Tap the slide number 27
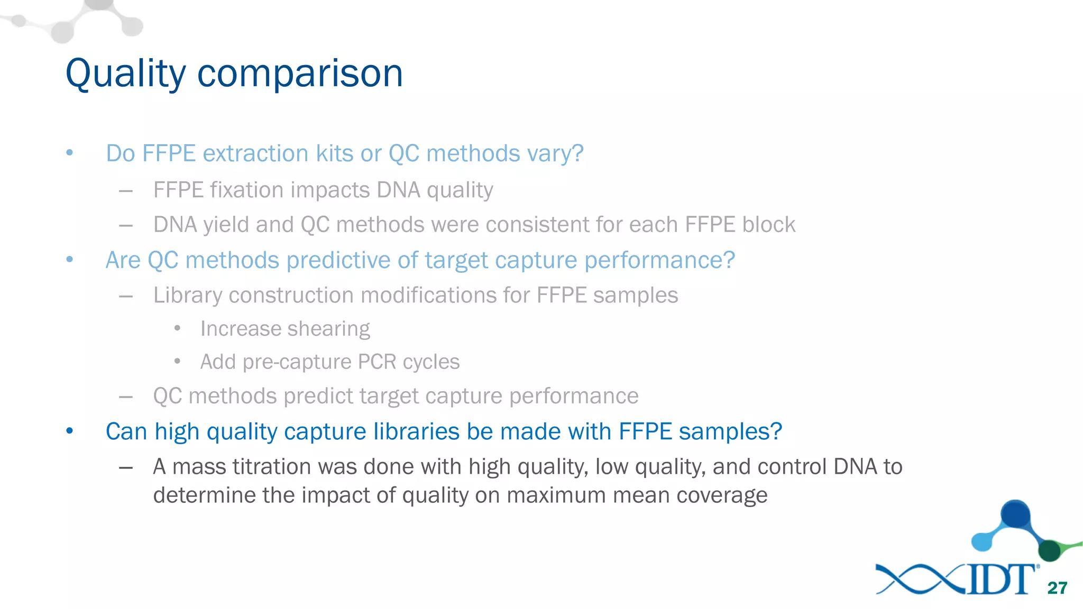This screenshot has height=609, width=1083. (1057, 588)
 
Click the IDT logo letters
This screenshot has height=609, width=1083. (1001, 580)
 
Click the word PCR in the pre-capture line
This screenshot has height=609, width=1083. (377, 362)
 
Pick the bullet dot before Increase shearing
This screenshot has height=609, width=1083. (178, 329)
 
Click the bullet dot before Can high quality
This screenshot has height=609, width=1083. (70, 431)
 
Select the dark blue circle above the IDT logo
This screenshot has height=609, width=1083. (1015, 513)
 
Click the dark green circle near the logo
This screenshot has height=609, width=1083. (1049, 551)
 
